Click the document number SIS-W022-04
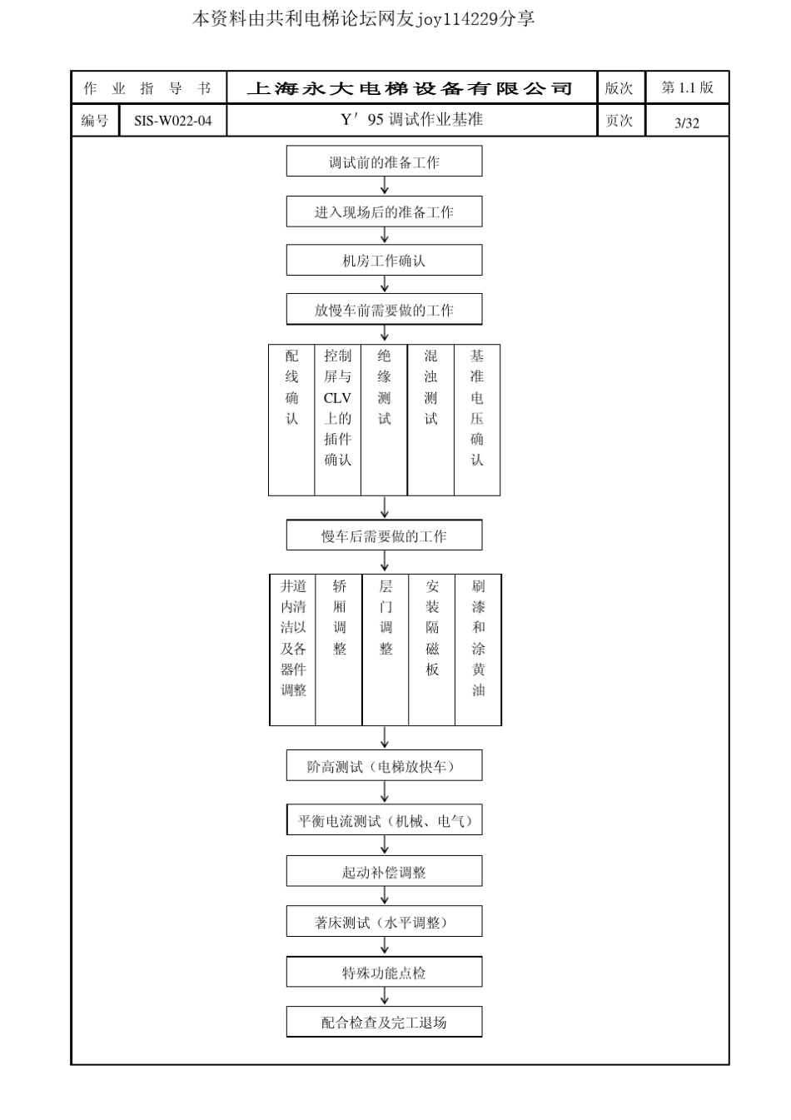pos(173,121)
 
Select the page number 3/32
pos(687,123)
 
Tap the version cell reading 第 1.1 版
pos(687,87)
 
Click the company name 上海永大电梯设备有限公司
pos(410,88)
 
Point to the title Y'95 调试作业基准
pos(411,120)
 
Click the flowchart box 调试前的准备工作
pos(384,162)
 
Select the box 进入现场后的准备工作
pos(384,212)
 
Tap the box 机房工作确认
pos(384,261)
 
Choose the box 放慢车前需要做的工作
pos(384,310)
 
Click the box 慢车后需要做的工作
pos(384,535)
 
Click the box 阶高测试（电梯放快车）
pos(384,766)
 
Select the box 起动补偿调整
pos(384,872)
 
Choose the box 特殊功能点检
pos(384,973)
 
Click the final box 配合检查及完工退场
pos(384,1023)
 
